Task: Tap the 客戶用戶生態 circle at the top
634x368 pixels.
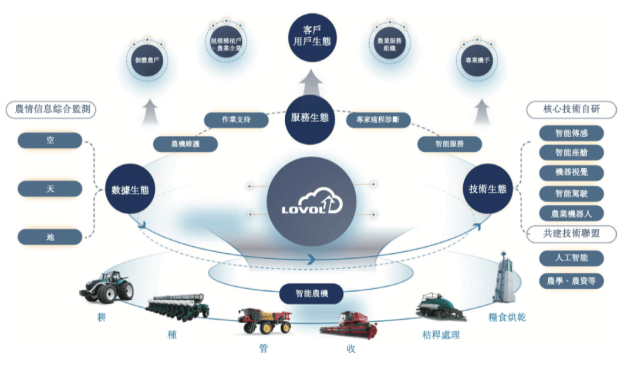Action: click(312, 34)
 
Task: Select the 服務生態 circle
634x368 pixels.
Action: click(309, 118)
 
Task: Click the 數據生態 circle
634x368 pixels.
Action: click(130, 189)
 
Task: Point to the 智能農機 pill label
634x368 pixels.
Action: click(311, 291)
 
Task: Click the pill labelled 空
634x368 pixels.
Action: click(50, 140)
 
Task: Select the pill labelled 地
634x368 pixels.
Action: click(50, 237)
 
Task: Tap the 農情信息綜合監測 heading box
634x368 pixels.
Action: click(51, 109)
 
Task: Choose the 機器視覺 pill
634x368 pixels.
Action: click(571, 173)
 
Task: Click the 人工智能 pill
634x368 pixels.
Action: click(571, 257)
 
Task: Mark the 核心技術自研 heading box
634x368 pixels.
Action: click(571, 109)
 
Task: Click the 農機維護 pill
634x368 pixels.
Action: click(186, 143)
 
